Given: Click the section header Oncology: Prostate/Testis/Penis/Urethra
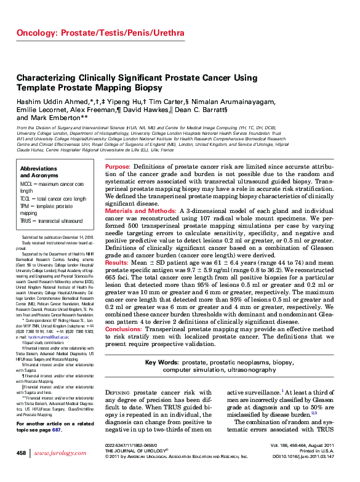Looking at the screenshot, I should click(x=100, y=32).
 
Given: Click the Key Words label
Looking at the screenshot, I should click(x=162, y=363).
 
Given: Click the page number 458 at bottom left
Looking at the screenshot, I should click(x=22, y=452).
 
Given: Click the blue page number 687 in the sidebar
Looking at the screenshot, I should click(x=57, y=430).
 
